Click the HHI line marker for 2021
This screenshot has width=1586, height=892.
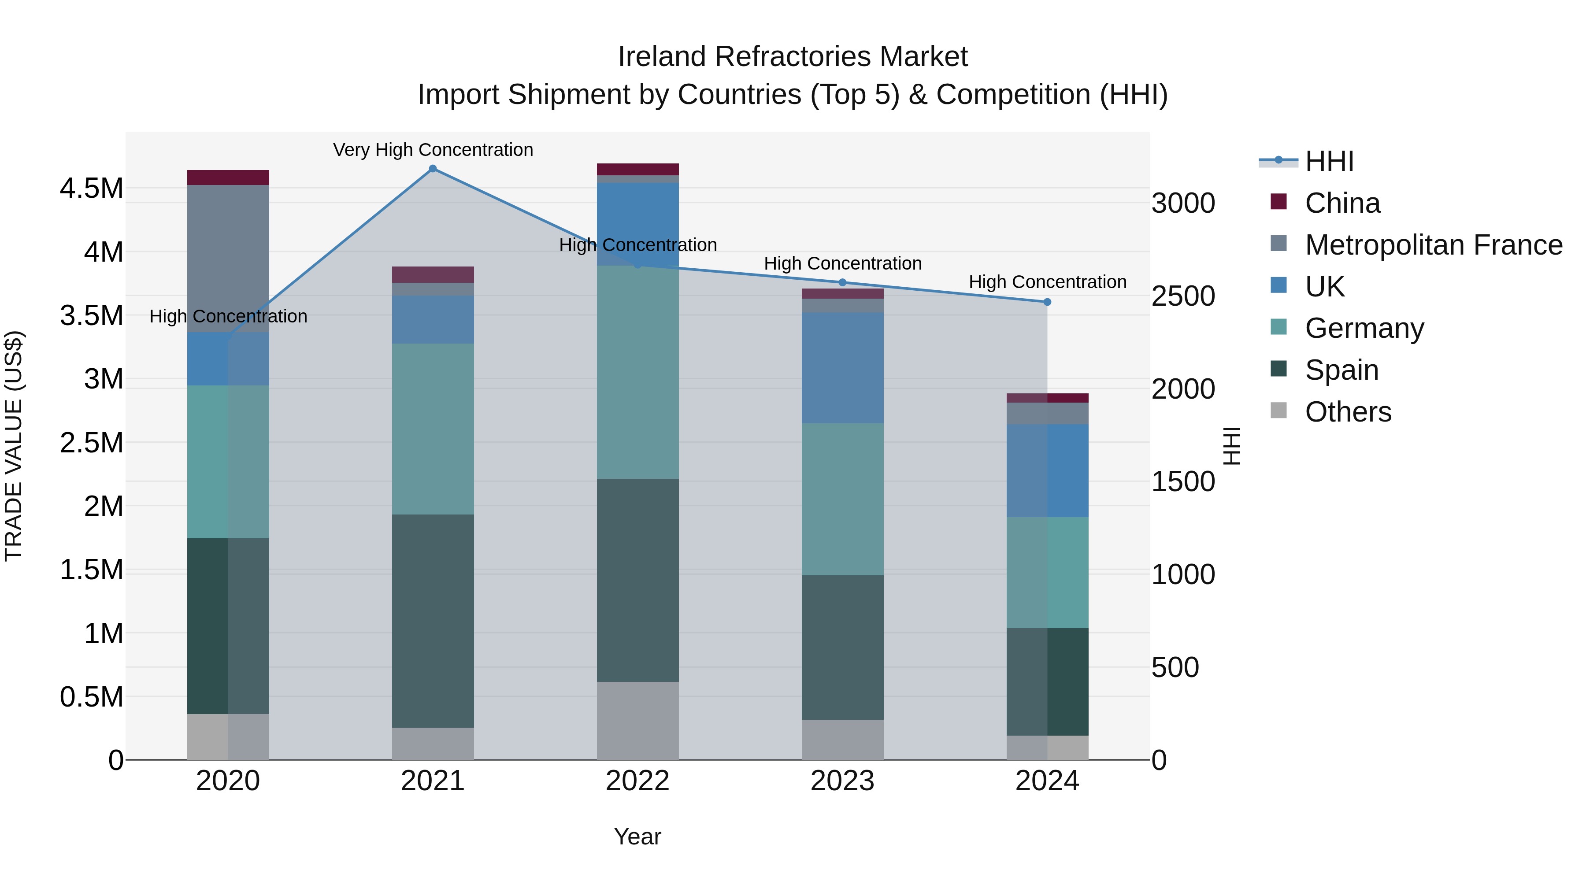click(x=432, y=169)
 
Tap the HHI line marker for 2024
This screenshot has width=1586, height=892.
click(x=1047, y=302)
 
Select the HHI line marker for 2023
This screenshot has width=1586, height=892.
click(x=842, y=282)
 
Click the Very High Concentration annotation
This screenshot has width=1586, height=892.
click(x=433, y=150)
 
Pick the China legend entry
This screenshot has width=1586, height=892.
click(x=1342, y=203)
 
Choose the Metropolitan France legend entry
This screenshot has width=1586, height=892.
click(x=1433, y=245)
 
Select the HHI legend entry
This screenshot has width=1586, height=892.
click(x=1329, y=161)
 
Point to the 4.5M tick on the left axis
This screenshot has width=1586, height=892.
click(x=91, y=189)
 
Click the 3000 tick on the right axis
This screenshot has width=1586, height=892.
click(x=1183, y=204)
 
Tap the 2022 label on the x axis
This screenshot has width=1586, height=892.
click(x=637, y=781)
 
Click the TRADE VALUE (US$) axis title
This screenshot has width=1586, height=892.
click(x=14, y=446)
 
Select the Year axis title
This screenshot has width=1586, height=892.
click(x=637, y=836)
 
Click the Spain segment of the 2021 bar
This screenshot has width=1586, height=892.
click(x=433, y=621)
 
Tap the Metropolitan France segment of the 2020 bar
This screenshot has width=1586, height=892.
click(x=228, y=259)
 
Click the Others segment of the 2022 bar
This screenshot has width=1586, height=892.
click(x=637, y=720)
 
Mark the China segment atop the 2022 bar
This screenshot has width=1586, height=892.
click(x=637, y=169)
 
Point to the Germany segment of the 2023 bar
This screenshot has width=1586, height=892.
click(x=842, y=499)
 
